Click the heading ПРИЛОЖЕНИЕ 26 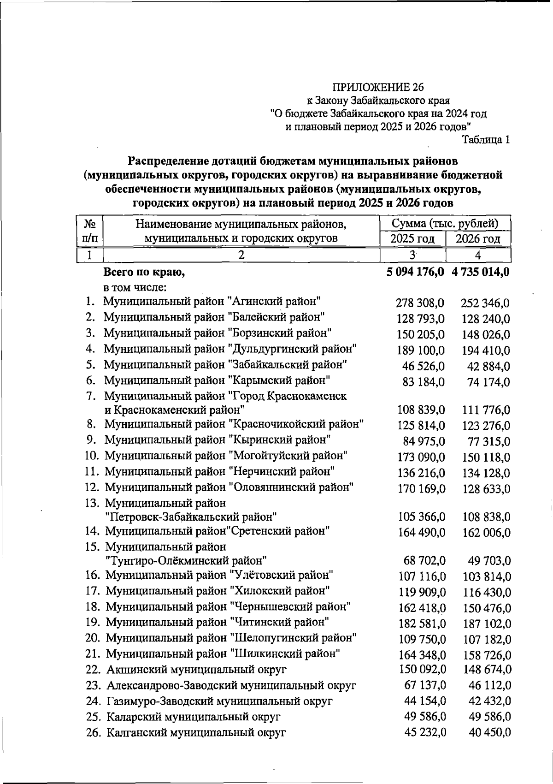(x=378, y=87)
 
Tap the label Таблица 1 (x=486, y=140)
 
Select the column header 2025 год (x=412, y=239)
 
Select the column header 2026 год (x=478, y=239)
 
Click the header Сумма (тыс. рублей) (x=445, y=224)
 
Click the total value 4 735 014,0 (x=481, y=272)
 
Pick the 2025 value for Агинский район (x=420, y=303)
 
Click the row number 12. (x=92, y=487)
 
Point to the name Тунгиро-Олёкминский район (x=186, y=561)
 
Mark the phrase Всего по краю (x=144, y=273)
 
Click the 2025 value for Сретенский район (x=422, y=533)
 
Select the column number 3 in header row (x=412, y=255)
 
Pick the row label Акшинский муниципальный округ (x=197, y=670)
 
